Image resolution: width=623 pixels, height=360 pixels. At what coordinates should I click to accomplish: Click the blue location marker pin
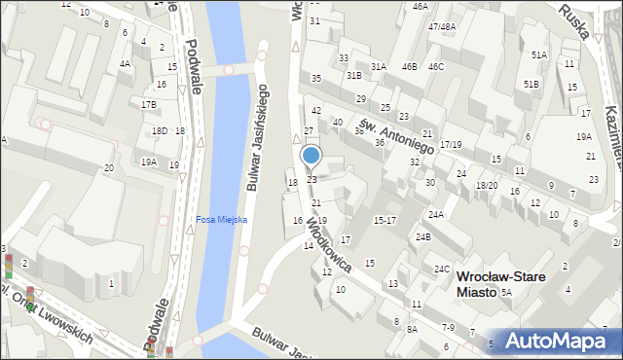click(x=311, y=156)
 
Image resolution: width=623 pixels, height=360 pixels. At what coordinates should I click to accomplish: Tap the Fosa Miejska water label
click(x=221, y=219)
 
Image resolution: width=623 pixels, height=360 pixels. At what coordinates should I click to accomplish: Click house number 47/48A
click(x=441, y=27)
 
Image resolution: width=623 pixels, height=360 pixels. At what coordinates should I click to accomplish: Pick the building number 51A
click(x=538, y=55)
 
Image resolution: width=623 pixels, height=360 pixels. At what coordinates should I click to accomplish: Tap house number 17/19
click(x=450, y=144)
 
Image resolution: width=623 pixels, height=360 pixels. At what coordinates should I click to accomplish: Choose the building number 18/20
click(x=486, y=185)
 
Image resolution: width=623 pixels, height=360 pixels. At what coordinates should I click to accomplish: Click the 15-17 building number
click(x=385, y=221)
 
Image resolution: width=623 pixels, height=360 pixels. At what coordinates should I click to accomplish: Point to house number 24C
click(x=442, y=269)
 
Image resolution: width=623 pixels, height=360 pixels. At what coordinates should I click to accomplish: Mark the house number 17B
click(x=148, y=104)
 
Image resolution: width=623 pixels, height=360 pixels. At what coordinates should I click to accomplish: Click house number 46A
click(x=420, y=6)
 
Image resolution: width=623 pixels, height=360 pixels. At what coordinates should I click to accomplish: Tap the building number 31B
click(x=353, y=75)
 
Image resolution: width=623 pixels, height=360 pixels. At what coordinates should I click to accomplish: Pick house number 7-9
click(x=448, y=327)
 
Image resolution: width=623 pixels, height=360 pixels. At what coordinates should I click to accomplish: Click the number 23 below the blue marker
click(x=311, y=179)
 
